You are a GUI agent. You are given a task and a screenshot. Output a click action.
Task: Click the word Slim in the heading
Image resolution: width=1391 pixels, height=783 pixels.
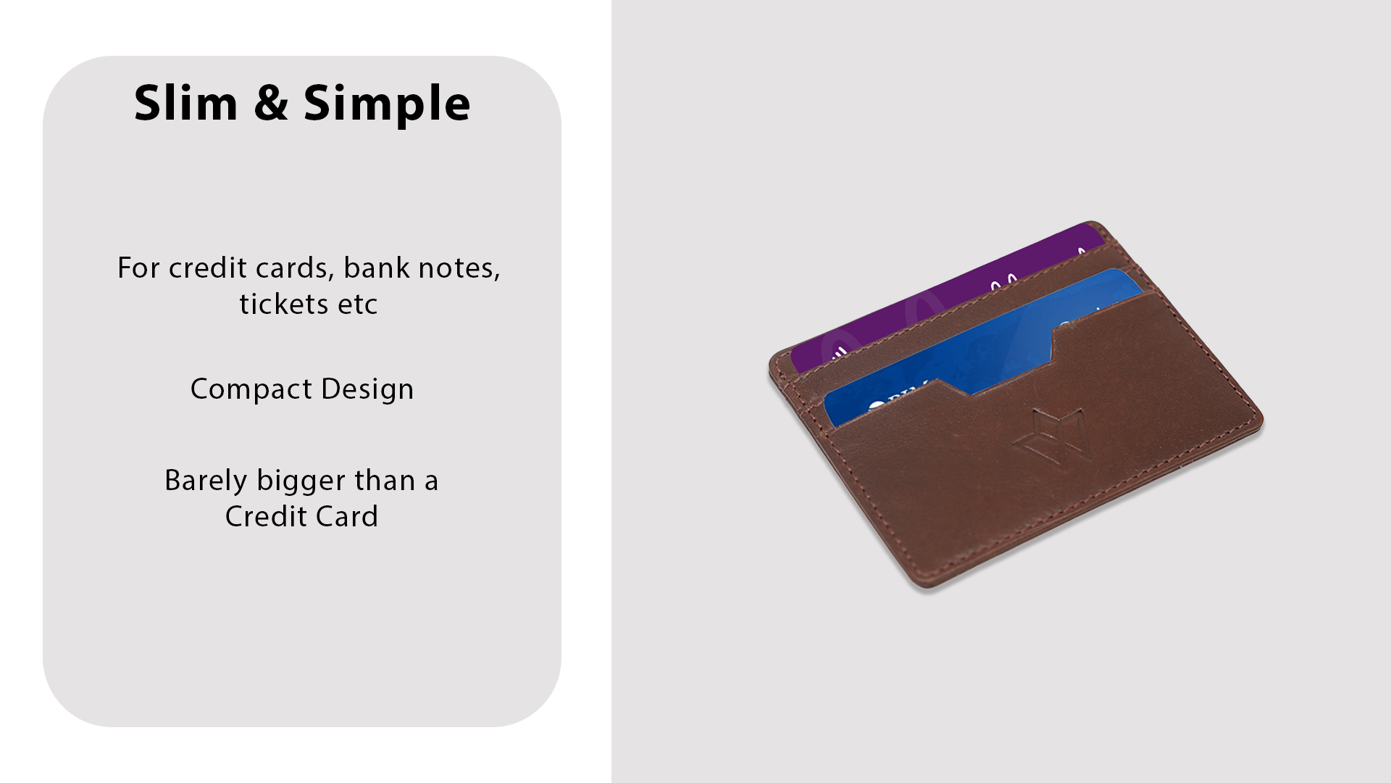[x=186, y=102]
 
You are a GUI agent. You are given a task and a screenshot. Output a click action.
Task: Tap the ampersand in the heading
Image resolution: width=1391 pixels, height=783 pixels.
[x=271, y=102]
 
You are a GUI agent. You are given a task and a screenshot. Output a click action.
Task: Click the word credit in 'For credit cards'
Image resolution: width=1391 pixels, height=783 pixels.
[x=208, y=268]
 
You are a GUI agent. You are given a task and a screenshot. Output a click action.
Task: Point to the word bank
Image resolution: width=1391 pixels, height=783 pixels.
[x=377, y=268]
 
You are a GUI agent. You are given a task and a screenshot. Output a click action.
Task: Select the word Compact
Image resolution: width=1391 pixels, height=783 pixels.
[x=251, y=389]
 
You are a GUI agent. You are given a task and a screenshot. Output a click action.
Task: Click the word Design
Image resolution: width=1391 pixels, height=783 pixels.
[x=367, y=389]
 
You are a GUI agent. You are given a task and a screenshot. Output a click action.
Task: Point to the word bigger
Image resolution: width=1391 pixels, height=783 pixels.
[x=301, y=481]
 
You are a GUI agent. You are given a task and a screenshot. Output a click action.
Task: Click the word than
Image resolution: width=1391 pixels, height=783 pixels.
[x=385, y=480]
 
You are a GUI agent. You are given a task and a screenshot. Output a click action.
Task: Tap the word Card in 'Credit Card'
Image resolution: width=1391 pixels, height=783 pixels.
[x=346, y=516]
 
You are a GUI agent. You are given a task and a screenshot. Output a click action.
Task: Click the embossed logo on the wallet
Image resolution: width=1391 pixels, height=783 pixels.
[x=1048, y=434]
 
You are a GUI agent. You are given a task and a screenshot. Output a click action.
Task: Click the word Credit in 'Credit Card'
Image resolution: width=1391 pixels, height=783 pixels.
[x=265, y=516]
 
